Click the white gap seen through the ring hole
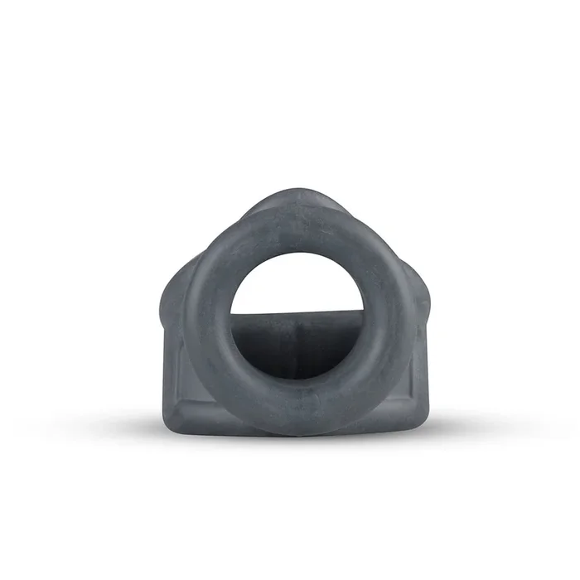[296, 286]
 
